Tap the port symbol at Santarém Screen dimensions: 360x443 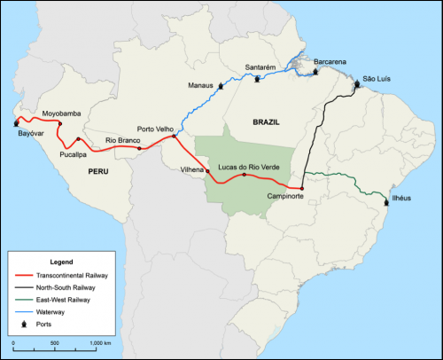(x=258, y=78)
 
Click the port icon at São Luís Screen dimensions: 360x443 (x=358, y=85)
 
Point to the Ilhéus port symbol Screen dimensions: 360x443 (x=386, y=203)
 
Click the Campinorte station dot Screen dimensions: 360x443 (x=301, y=189)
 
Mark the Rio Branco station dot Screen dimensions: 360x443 (x=140, y=149)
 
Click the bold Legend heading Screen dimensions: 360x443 (x=61, y=263)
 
